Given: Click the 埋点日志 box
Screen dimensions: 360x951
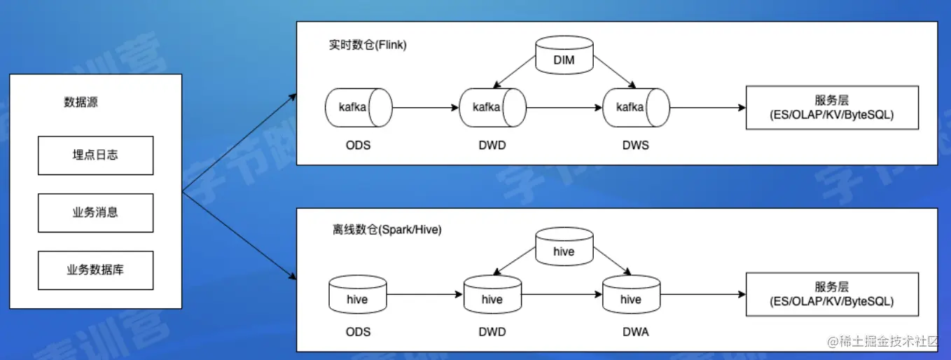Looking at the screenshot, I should [x=95, y=155].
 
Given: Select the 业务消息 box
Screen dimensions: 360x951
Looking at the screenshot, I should [x=95, y=213].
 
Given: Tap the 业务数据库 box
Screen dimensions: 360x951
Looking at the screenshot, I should [x=95, y=270].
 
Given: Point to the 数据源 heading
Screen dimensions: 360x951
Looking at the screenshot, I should [x=81, y=102].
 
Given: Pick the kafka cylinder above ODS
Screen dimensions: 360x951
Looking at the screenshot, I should [x=357, y=107].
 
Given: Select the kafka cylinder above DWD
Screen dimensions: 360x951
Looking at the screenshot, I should [x=492, y=107].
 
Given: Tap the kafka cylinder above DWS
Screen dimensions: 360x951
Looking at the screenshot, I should [x=635, y=107].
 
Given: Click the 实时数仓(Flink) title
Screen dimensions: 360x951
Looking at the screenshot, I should [x=368, y=45].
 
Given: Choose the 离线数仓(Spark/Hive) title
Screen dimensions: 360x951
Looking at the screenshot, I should [x=387, y=229].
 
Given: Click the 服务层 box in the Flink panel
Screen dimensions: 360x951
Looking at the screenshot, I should [x=831, y=108].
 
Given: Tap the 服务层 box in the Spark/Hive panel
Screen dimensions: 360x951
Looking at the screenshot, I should [x=831, y=294].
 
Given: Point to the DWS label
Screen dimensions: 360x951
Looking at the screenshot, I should [x=634, y=146].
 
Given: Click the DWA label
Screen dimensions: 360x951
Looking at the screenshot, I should [x=634, y=332].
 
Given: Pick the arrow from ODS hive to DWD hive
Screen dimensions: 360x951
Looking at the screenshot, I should [x=425, y=295].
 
